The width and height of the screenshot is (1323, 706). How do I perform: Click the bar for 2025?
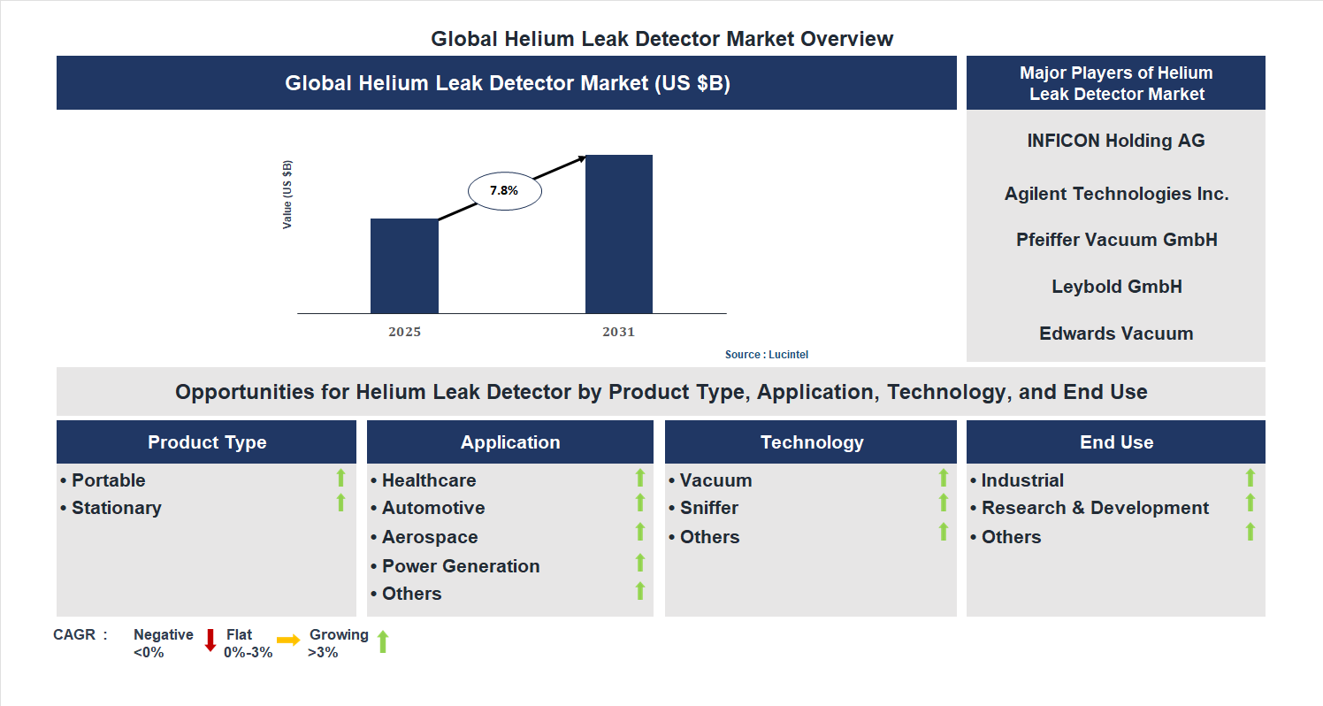point(404,265)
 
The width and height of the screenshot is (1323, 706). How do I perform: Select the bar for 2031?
point(619,234)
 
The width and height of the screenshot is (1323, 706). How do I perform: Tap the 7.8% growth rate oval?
point(504,190)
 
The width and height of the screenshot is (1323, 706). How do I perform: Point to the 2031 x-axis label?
point(619,332)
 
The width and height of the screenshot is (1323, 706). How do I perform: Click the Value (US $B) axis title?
point(287,195)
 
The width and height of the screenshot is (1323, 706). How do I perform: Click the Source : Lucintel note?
point(767,355)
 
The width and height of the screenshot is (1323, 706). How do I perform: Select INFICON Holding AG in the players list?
point(1116,141)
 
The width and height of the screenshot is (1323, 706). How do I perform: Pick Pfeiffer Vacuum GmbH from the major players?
point(1116,240)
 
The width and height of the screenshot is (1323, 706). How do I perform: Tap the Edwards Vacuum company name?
point(1116,334)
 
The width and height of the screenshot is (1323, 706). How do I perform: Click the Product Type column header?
point(207,442)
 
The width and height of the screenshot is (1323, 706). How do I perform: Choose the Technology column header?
point(812,442)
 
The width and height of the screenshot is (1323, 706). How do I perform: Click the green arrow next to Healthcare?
point(640,478)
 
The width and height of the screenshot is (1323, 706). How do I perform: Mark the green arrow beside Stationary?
point(340,503)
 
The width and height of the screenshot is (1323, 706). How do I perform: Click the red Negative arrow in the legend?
point(210,640)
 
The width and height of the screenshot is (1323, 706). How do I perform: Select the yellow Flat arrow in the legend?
point(288,640)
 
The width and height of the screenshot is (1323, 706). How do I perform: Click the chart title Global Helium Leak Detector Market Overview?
point(661,39)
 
